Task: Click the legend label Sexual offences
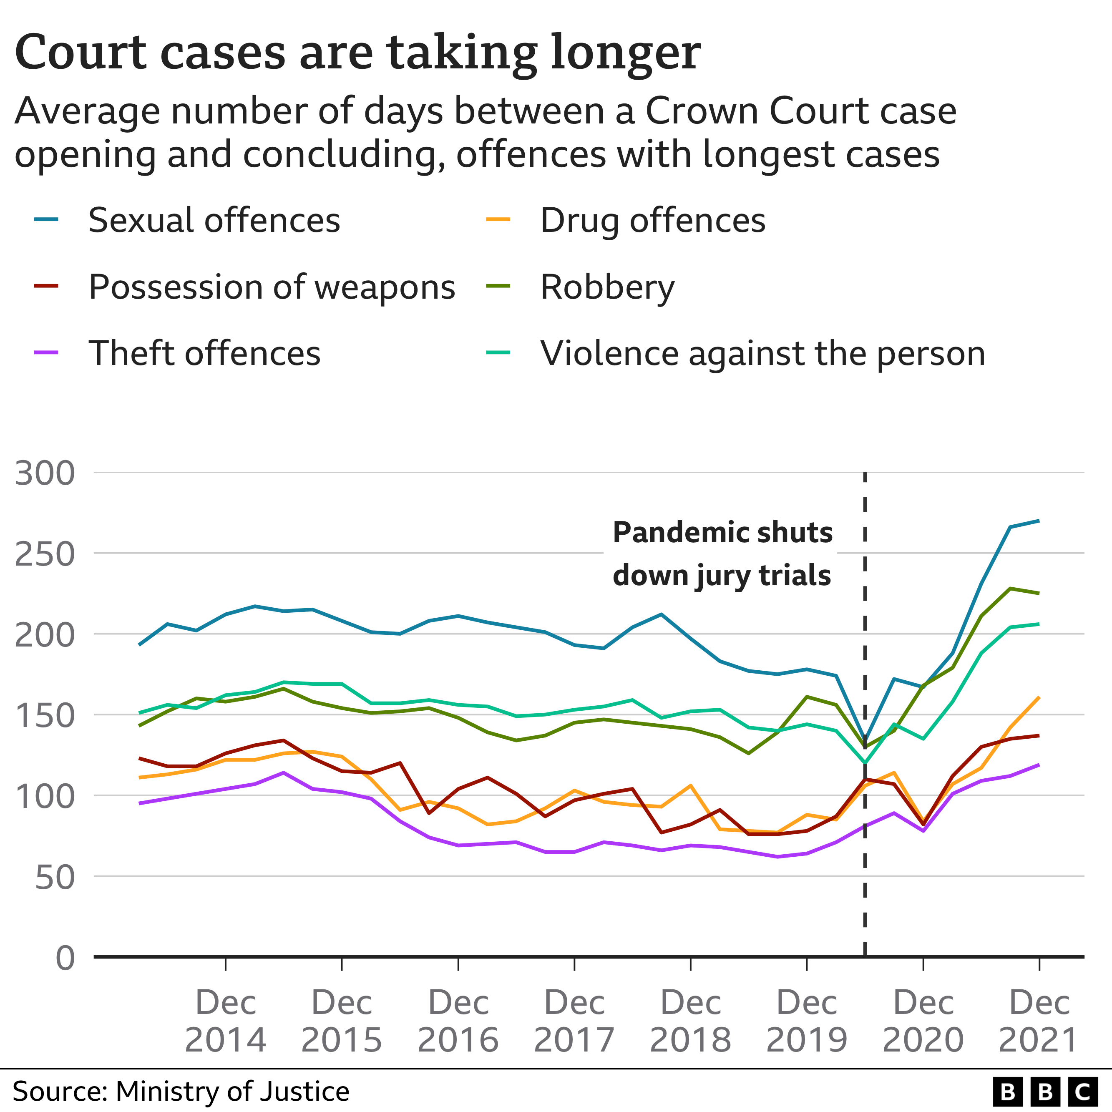(214, 221)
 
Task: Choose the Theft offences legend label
(204, 353)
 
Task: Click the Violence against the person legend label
(762, 353)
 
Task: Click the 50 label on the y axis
(55, 878)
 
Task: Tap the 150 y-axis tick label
(45, 716)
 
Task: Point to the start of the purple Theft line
(140, 803)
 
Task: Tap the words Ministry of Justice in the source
(232, 1091)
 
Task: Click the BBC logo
(1045, 1092)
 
